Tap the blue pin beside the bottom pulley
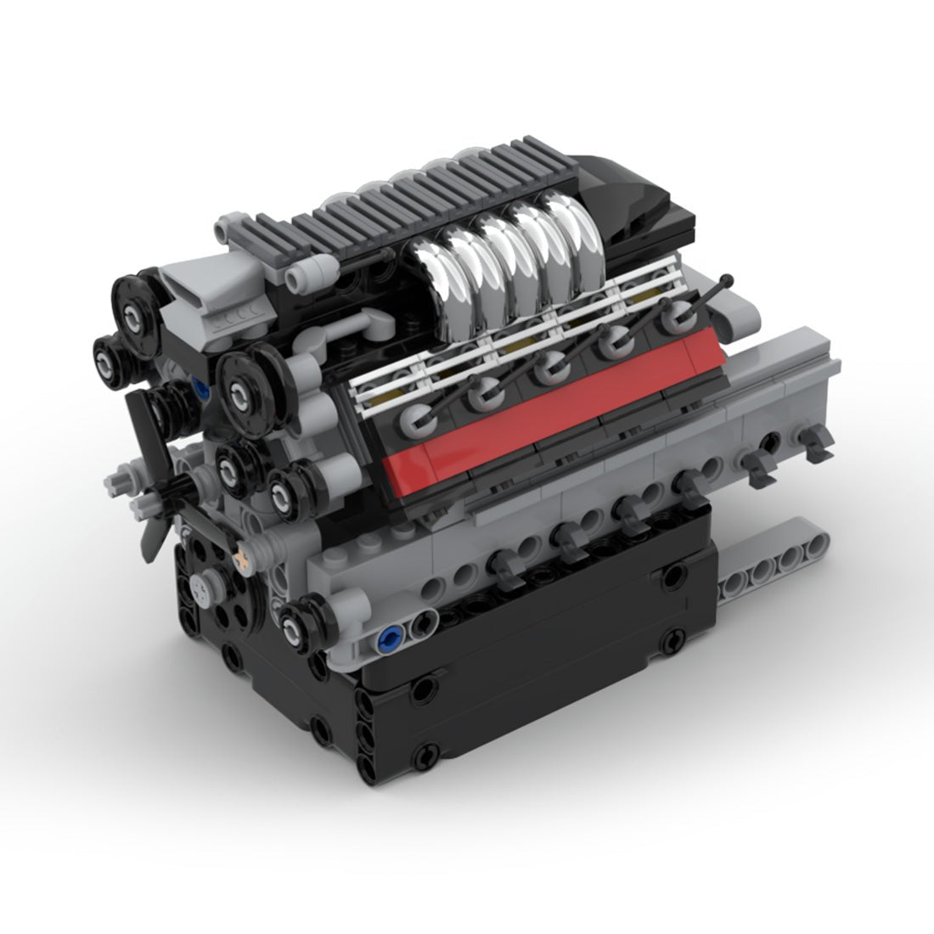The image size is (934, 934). point(391,635)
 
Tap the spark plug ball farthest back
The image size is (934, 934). point(676,316)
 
